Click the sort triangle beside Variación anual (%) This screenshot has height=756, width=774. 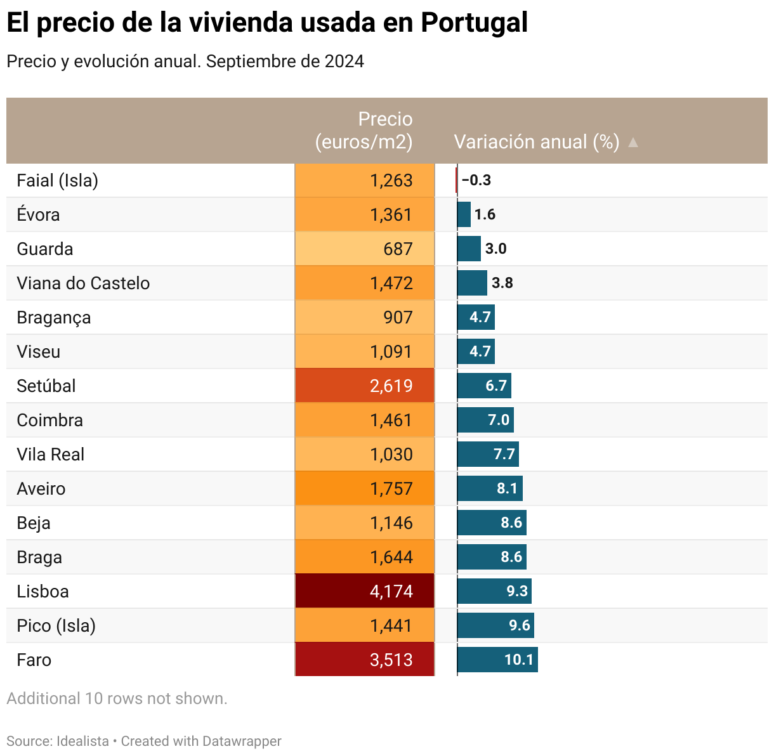click(x=633, y=143)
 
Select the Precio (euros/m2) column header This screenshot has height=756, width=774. click(x=364, y=131)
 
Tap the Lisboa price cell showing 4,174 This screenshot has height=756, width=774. click(x=365, y=591)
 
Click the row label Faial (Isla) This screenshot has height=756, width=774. click(x=58, y=181)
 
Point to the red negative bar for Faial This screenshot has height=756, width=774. click(x=456, y=180)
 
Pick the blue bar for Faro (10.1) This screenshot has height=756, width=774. click(x=497, y=660)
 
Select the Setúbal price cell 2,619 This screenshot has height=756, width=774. click(x=365, y=386)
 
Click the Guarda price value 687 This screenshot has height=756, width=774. click(x=398, y=249)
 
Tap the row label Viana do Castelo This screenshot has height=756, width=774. click(x=83, y=283)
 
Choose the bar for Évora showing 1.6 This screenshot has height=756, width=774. click(x=464, y=214)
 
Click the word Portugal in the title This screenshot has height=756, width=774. click(x=474, y=23)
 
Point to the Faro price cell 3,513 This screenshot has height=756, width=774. click(x=365, y=660)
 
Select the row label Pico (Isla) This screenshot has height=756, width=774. click(x=56, y=626)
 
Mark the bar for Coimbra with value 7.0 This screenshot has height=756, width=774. click(x=485, y=420)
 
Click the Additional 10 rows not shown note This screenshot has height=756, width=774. click(x=117, y=698)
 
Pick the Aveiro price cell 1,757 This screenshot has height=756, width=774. click(x=365, y=488)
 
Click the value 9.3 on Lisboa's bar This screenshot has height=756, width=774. click(x=517, y=591)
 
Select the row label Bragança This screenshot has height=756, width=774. click(x=54, y=318)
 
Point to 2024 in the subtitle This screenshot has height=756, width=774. click(x=344, y=62)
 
